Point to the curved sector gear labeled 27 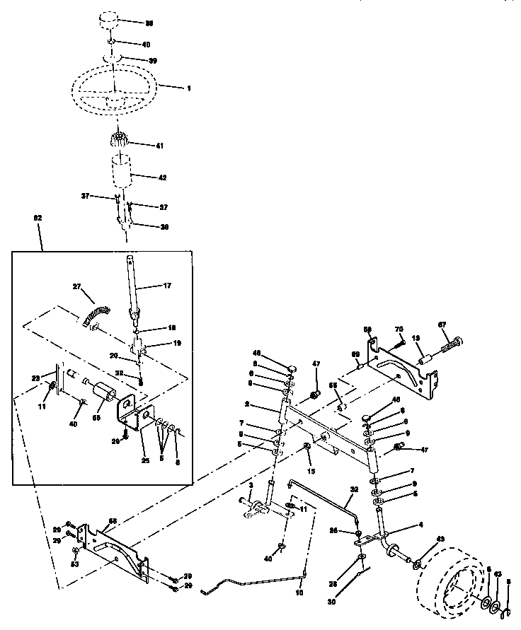click(x=96, y=313)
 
